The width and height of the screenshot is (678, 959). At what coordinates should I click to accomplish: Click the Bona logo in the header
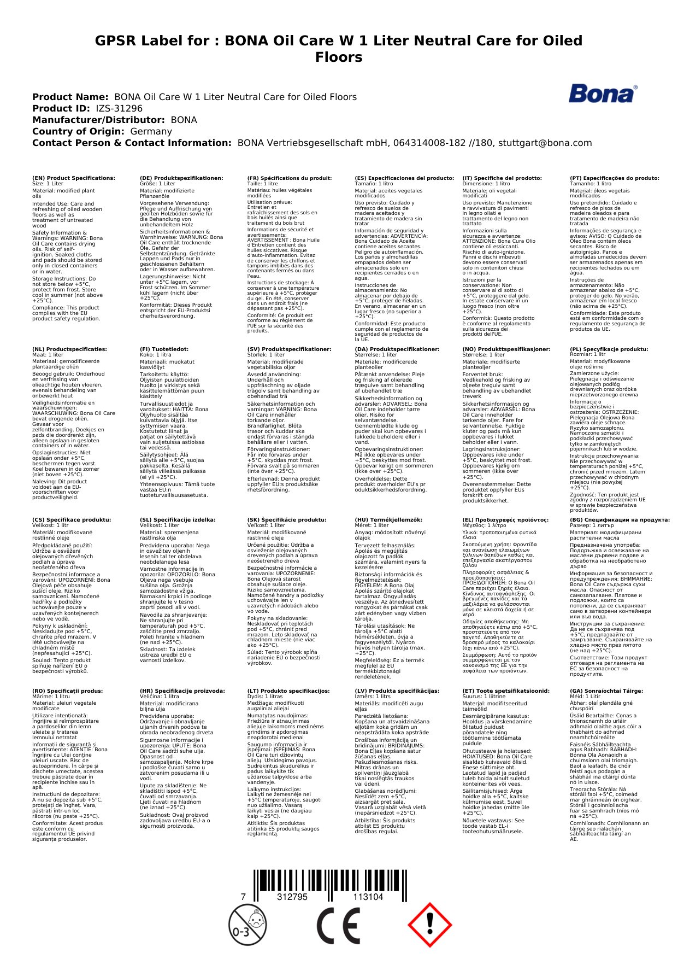(603, 94)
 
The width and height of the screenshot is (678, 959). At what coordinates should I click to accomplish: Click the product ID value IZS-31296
(119, 108)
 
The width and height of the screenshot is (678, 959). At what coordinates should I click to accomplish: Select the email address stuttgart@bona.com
(545, 143)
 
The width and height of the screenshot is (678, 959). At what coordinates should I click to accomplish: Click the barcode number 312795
(292, 897)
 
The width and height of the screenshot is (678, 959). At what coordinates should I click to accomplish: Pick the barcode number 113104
(368, 897)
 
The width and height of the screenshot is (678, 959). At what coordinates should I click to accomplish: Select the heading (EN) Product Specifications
(74, 178)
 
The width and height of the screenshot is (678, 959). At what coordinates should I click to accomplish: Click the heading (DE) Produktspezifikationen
(181, 178)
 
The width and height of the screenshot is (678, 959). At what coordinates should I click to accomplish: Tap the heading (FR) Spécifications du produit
(290, 178)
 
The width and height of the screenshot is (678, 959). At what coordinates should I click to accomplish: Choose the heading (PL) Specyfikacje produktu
(609, 349)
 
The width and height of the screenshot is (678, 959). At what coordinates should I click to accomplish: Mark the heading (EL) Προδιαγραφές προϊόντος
(505, 520)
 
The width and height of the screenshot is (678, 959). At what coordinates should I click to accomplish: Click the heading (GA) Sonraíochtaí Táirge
(606, 691)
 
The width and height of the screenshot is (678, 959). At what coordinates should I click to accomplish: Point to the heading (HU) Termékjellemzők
(388, 520)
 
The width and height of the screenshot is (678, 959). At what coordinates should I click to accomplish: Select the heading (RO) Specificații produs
(67, 691)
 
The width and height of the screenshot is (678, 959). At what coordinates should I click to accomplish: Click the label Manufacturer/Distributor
(98, 120)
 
